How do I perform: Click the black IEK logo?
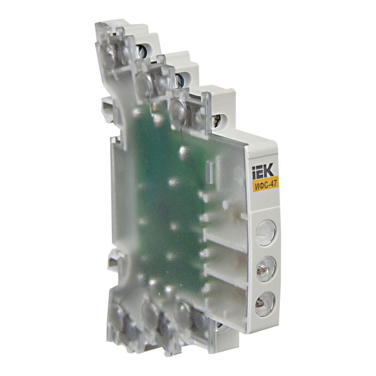[x=262, y=171]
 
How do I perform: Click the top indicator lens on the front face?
[x=266, y=233]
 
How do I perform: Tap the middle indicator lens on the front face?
[x=266, y=268]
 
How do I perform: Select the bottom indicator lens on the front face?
[x=265, y=304]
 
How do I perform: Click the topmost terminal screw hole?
[x=141, y=51]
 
